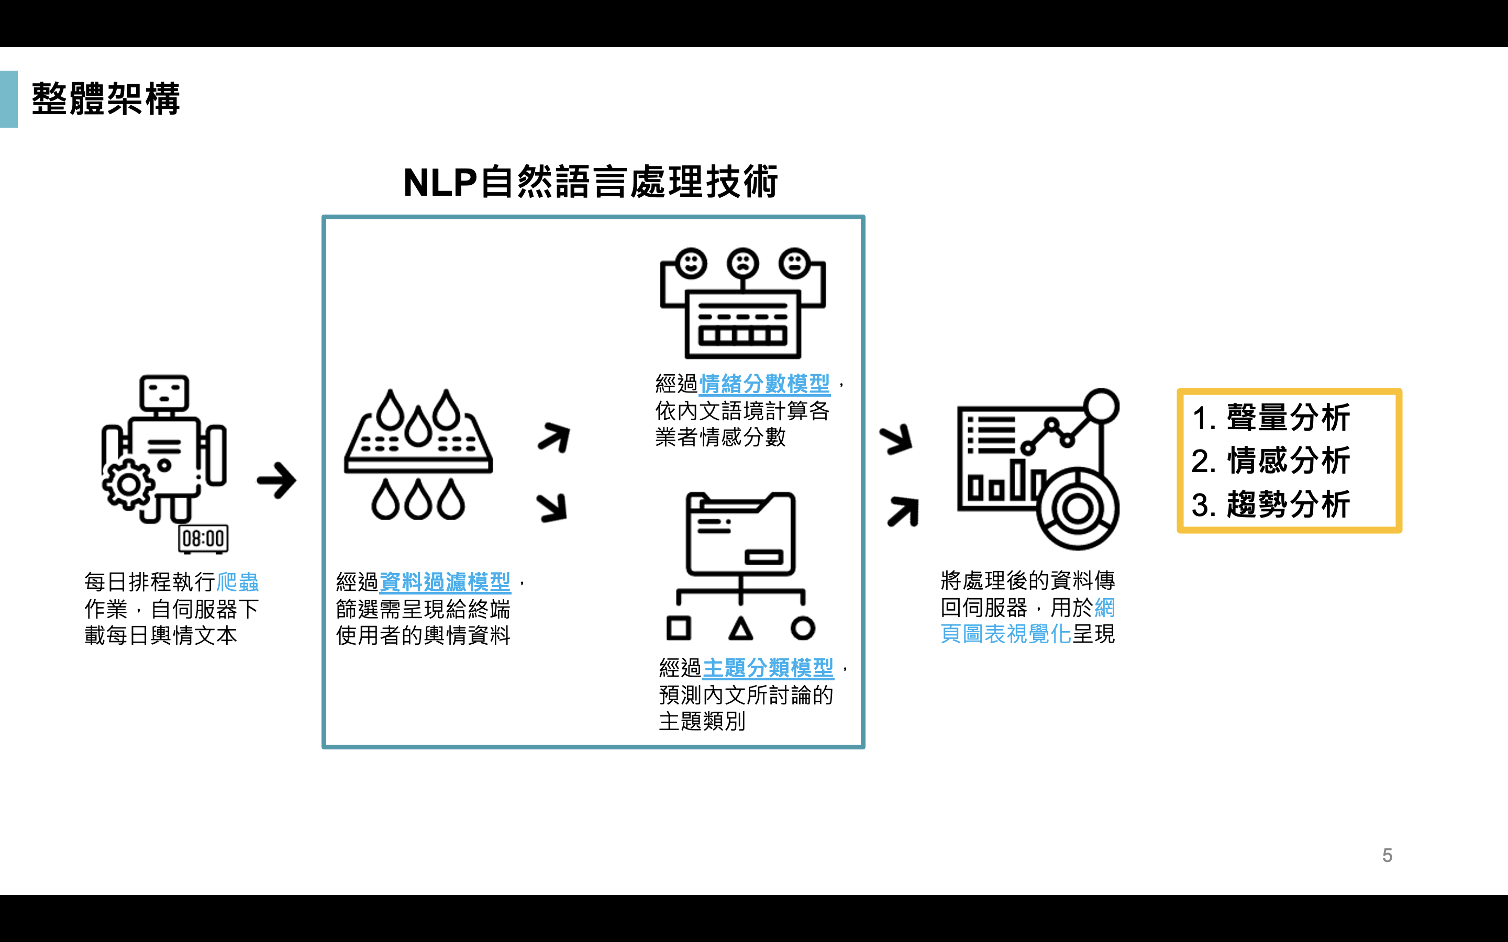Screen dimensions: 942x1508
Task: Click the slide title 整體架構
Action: tap(106, 99)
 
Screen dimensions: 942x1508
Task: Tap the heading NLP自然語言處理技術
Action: tap(591, 183)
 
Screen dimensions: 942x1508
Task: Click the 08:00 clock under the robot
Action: tap(203, 539)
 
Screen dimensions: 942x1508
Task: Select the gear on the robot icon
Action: tap(128, 484)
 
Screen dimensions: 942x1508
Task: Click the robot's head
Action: tap(164, 392)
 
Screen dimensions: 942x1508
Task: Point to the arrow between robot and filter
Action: tap(276, 480)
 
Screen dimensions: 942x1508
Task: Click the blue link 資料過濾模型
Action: tap(445, 582)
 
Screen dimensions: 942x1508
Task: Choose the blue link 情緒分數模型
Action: tap(764, 384)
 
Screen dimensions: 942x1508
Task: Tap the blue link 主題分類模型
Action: tap(768, 668)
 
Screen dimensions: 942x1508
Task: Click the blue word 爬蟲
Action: tap(237, 582)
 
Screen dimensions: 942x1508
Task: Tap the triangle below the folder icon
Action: tap(740, 629)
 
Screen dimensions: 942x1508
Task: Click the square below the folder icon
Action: tap(679, 628)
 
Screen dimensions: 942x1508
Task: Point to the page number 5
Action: tap(1387, 856)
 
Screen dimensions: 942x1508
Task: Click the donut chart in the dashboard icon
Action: tap(1078, 509)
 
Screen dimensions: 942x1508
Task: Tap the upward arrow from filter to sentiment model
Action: tap(553, 438)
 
